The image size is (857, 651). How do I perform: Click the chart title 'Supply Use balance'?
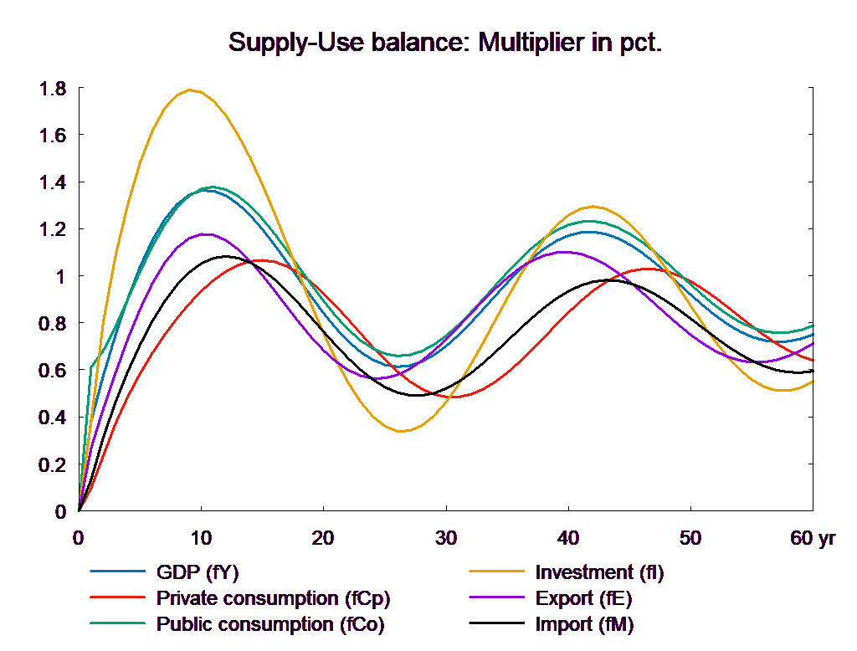[444, 43]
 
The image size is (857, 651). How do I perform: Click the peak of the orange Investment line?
[192, 90]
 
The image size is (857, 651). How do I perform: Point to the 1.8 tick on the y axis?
[54, 89]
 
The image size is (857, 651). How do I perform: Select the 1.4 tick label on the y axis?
[54, 182]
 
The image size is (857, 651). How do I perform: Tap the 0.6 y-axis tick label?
[54, 371]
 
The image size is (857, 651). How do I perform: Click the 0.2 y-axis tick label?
[54, 464]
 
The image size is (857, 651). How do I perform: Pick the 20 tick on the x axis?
[323, 538]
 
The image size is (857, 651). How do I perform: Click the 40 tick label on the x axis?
[567, 538]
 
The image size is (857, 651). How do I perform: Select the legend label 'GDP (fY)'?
[198, 573]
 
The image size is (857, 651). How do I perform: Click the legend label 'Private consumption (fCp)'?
[274, 599]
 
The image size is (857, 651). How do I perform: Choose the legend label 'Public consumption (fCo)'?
[270, 624]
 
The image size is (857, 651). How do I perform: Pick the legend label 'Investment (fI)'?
[599, 573]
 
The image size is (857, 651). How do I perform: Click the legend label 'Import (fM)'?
[584, 624]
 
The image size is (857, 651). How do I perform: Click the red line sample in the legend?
[118, 599]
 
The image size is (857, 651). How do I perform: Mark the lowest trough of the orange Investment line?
[403, 431]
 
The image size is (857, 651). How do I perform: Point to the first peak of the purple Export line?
[203, 233]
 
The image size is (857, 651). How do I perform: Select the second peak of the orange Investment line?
[593, 206]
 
